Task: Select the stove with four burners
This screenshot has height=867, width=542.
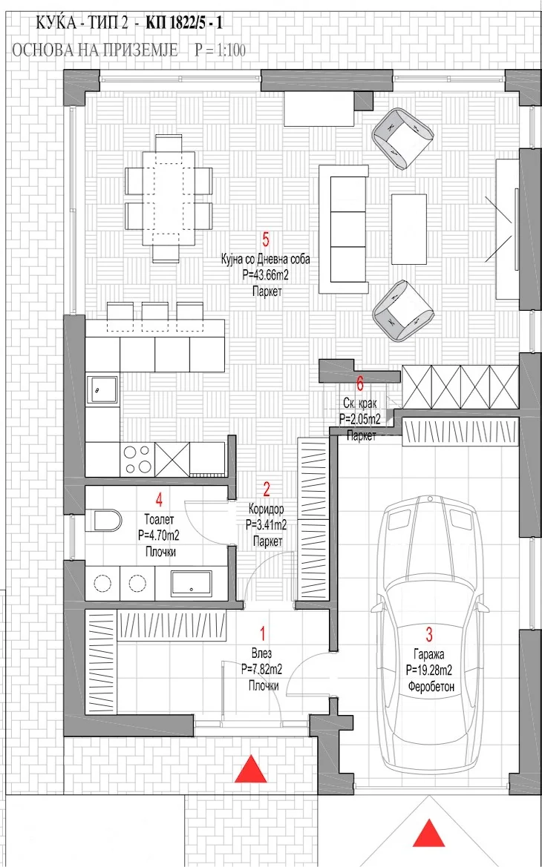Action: coord(137,459)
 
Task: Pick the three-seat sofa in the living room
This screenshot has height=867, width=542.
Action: coord(343,229)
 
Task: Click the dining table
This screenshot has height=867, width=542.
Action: coord(169,198)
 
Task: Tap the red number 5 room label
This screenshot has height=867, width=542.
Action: coord(266,240)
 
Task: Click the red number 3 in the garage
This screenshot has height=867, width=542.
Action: coord(429,634)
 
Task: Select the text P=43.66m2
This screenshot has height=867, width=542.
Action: coord(265,275)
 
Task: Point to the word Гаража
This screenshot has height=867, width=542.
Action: coord(429,655)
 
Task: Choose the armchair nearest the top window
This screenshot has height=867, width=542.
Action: coord(402,138)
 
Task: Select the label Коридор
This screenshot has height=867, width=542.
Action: coord(267,509)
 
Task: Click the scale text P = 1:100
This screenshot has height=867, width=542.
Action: coord(220,50)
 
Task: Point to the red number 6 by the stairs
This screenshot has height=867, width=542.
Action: coord(360,383)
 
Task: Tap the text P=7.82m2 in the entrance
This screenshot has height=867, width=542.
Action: coord(262,670)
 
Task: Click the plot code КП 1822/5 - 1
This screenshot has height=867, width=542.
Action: coord(185,23)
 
